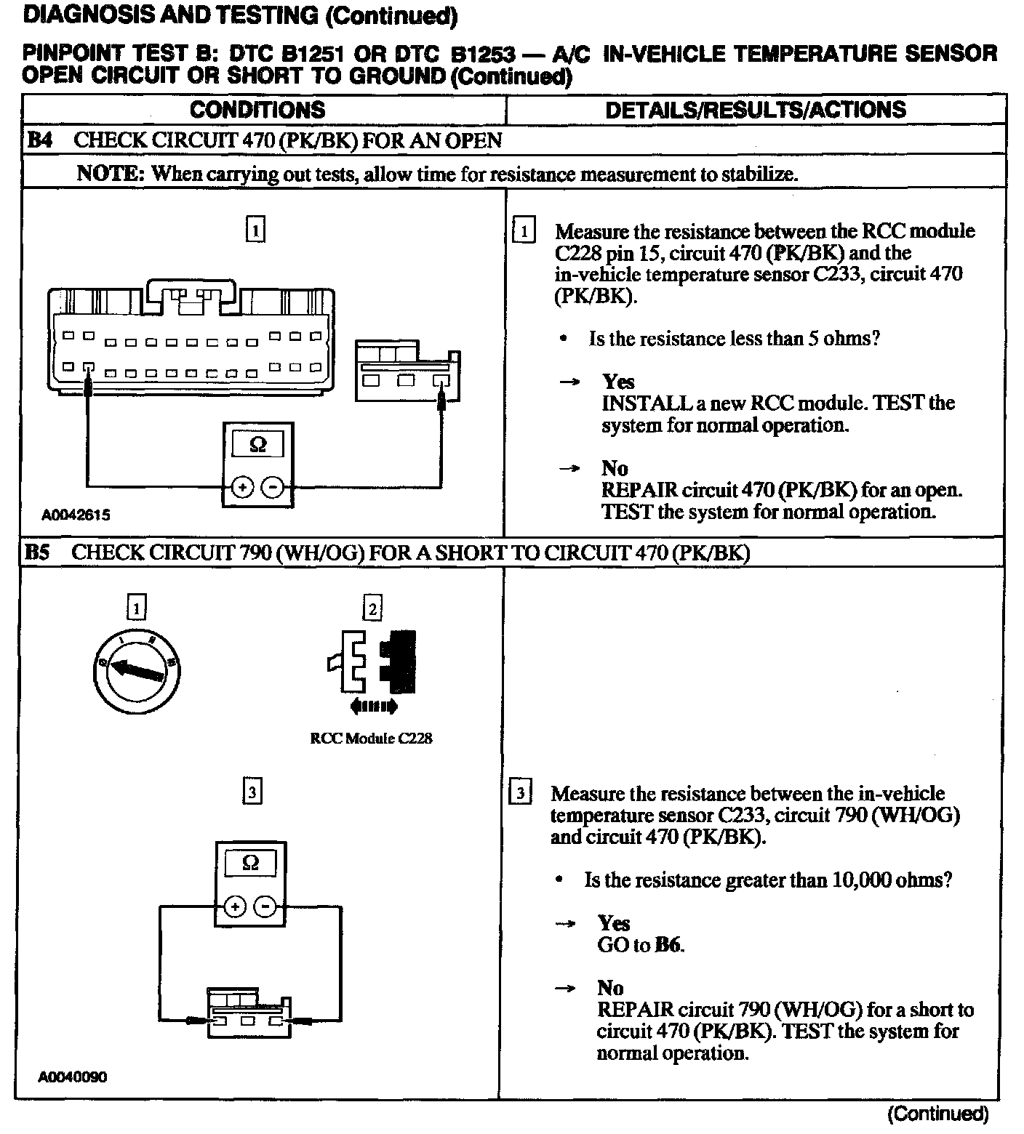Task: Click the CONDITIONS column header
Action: (x=257, y=110)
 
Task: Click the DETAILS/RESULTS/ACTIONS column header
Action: (x=756, y=110)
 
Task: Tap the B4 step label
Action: (x=40, y=140)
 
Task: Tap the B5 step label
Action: (x=39, y=552)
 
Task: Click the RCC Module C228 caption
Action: (x=371, y=739)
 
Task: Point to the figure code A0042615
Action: (x=76, y=515)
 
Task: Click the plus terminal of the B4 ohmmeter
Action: (x=242, y=487)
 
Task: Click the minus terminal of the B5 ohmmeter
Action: (x=266, y=906)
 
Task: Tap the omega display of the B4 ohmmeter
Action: (x=258, y=444)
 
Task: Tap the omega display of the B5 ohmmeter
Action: (x=249, y=863)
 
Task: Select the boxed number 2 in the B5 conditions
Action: (x=372, y=608)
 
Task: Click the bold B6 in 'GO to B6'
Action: (x=669, y=945)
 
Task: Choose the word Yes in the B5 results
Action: (x=614, y=923)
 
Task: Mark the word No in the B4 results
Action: (x=615, y=468)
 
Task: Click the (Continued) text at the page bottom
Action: (x=937, y=1114)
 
